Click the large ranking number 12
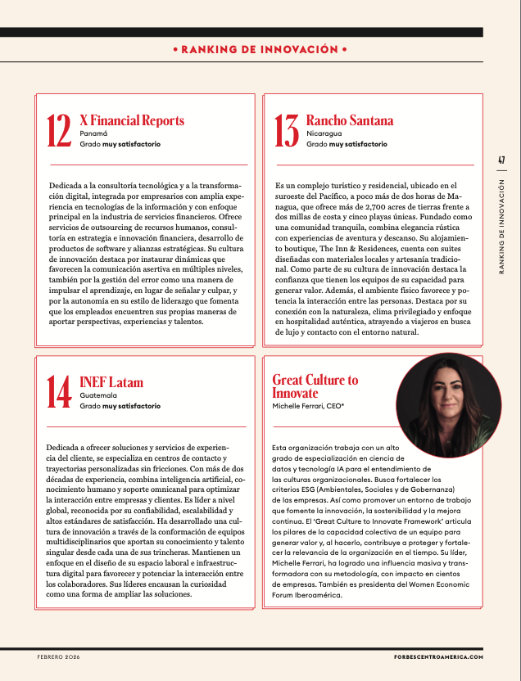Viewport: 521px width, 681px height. pyautogui.click(x=59, y=132)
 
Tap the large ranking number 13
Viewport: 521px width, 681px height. pyautogui.click(x=286, y=132)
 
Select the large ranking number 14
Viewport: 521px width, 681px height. pyautogui.click(x=59, y=393)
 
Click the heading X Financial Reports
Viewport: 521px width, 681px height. pyautogui.click(x=132, y=120)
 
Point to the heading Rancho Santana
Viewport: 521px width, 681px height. pyautogui.click(x=349, y=120)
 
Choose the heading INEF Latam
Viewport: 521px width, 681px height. pyautogui.click(x=111, y=382)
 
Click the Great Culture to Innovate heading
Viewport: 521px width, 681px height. pyautogui.click(x=315, y=386)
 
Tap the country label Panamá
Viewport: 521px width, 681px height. pyautogui.click(x=93, y=133)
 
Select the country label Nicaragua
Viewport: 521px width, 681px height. pyautogui.click(x=324, y=133)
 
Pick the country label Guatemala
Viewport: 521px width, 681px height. pyautogui.click(x=98, y=395)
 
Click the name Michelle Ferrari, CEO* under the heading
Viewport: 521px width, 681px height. pyautogui.click(x=308, y=406)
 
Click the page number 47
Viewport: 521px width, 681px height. pyautogui.click(x=501, y=161)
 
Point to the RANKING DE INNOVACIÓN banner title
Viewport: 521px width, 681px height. pyautogui.click(x=260, y=50)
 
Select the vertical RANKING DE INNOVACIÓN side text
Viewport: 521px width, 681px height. pyautogui.click(x=501, y=237)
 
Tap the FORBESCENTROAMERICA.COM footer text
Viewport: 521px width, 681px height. pyautogui.click(x=433, y=657)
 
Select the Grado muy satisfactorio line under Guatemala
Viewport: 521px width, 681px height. pyautogui.click(x=120, y=405)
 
